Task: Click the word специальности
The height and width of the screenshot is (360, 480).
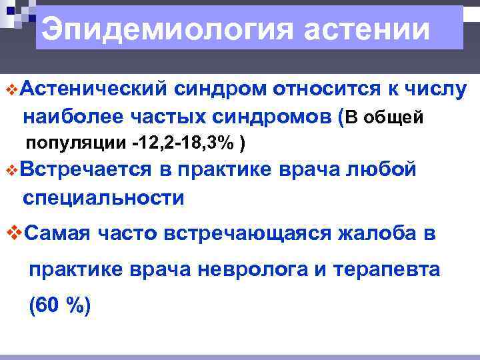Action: pos(103,198)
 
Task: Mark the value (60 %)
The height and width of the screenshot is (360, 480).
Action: pos(59,306)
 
